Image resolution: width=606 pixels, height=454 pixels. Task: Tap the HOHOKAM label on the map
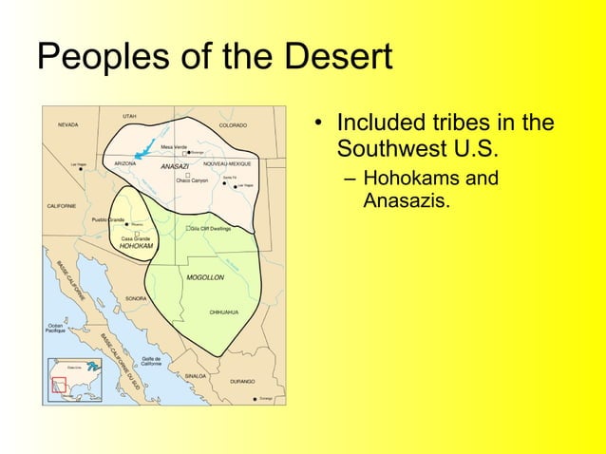[136, 246]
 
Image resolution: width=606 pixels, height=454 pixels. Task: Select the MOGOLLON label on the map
[204, 278]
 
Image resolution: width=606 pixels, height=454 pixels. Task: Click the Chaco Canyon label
[192, 180]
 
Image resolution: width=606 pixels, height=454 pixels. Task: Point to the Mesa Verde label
[173, 146]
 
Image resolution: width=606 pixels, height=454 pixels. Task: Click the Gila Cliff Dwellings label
[210, 229]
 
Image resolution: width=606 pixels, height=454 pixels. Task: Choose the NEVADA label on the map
[68, 124]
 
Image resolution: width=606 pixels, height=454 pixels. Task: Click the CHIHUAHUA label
[224, 312]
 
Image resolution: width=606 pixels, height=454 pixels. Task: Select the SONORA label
[136, 298]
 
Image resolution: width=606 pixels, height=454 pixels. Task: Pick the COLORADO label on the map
[233, 124]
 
